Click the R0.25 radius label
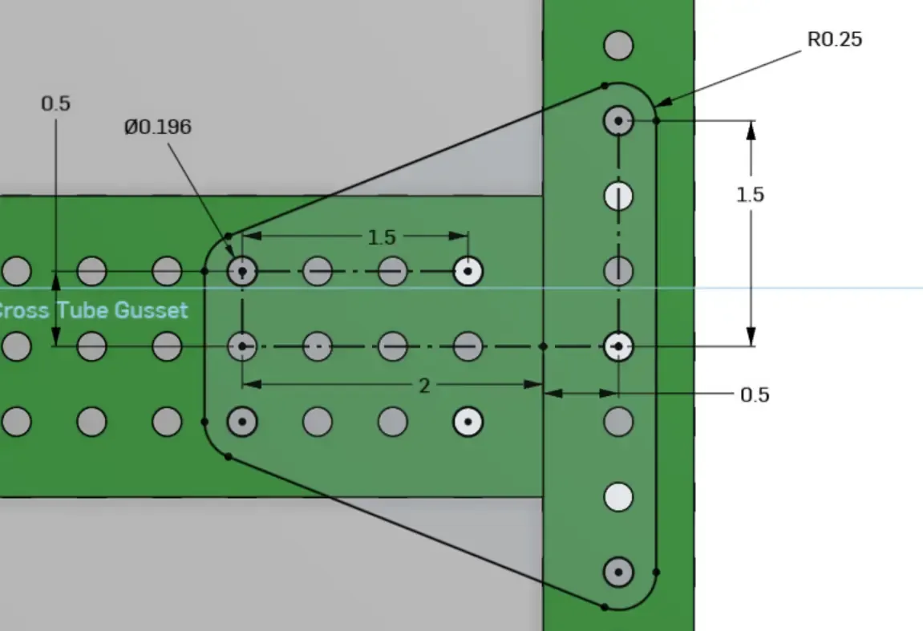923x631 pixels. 834,39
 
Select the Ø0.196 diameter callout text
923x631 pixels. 157,127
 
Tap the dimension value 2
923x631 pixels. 424,386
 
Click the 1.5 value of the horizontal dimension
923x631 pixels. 382,237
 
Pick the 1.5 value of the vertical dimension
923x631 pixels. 751,195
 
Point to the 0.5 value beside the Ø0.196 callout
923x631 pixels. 55,103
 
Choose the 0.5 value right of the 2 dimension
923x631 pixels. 755,394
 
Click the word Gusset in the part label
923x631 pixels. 151,310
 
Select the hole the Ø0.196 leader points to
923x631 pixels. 242,272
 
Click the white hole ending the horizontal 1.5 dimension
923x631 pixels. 468,272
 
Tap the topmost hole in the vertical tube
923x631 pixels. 618,46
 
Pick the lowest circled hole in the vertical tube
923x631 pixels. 618,572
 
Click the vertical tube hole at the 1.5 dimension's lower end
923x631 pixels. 618,346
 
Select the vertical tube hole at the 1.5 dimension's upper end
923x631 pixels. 618,121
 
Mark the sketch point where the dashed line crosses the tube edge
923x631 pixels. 544,346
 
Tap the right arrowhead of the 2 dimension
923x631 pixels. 539,384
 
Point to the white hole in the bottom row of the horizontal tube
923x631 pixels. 468,421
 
